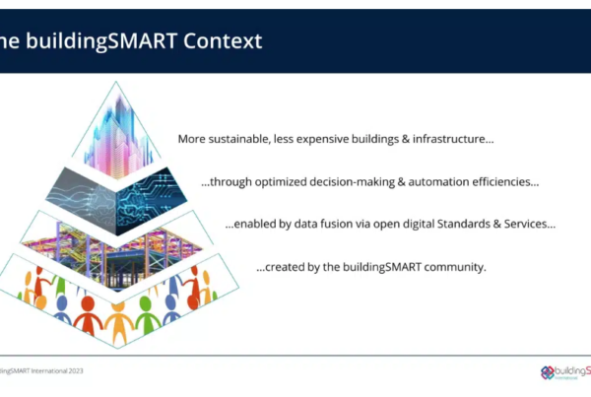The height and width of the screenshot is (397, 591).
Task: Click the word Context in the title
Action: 223,40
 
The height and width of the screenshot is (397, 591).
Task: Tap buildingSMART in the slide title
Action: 101,41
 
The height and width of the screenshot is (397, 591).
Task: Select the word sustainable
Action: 239,139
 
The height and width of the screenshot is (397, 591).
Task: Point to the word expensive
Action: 323,140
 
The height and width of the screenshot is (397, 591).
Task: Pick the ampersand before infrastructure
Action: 406,139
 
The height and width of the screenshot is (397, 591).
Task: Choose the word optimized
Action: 281,182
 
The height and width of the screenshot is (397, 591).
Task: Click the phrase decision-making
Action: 352,182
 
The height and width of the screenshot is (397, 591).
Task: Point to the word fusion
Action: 334,224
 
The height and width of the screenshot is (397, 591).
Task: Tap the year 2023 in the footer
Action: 76,371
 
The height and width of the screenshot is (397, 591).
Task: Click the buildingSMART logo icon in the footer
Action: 548,372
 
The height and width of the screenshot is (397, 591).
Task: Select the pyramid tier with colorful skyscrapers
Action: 116,134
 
